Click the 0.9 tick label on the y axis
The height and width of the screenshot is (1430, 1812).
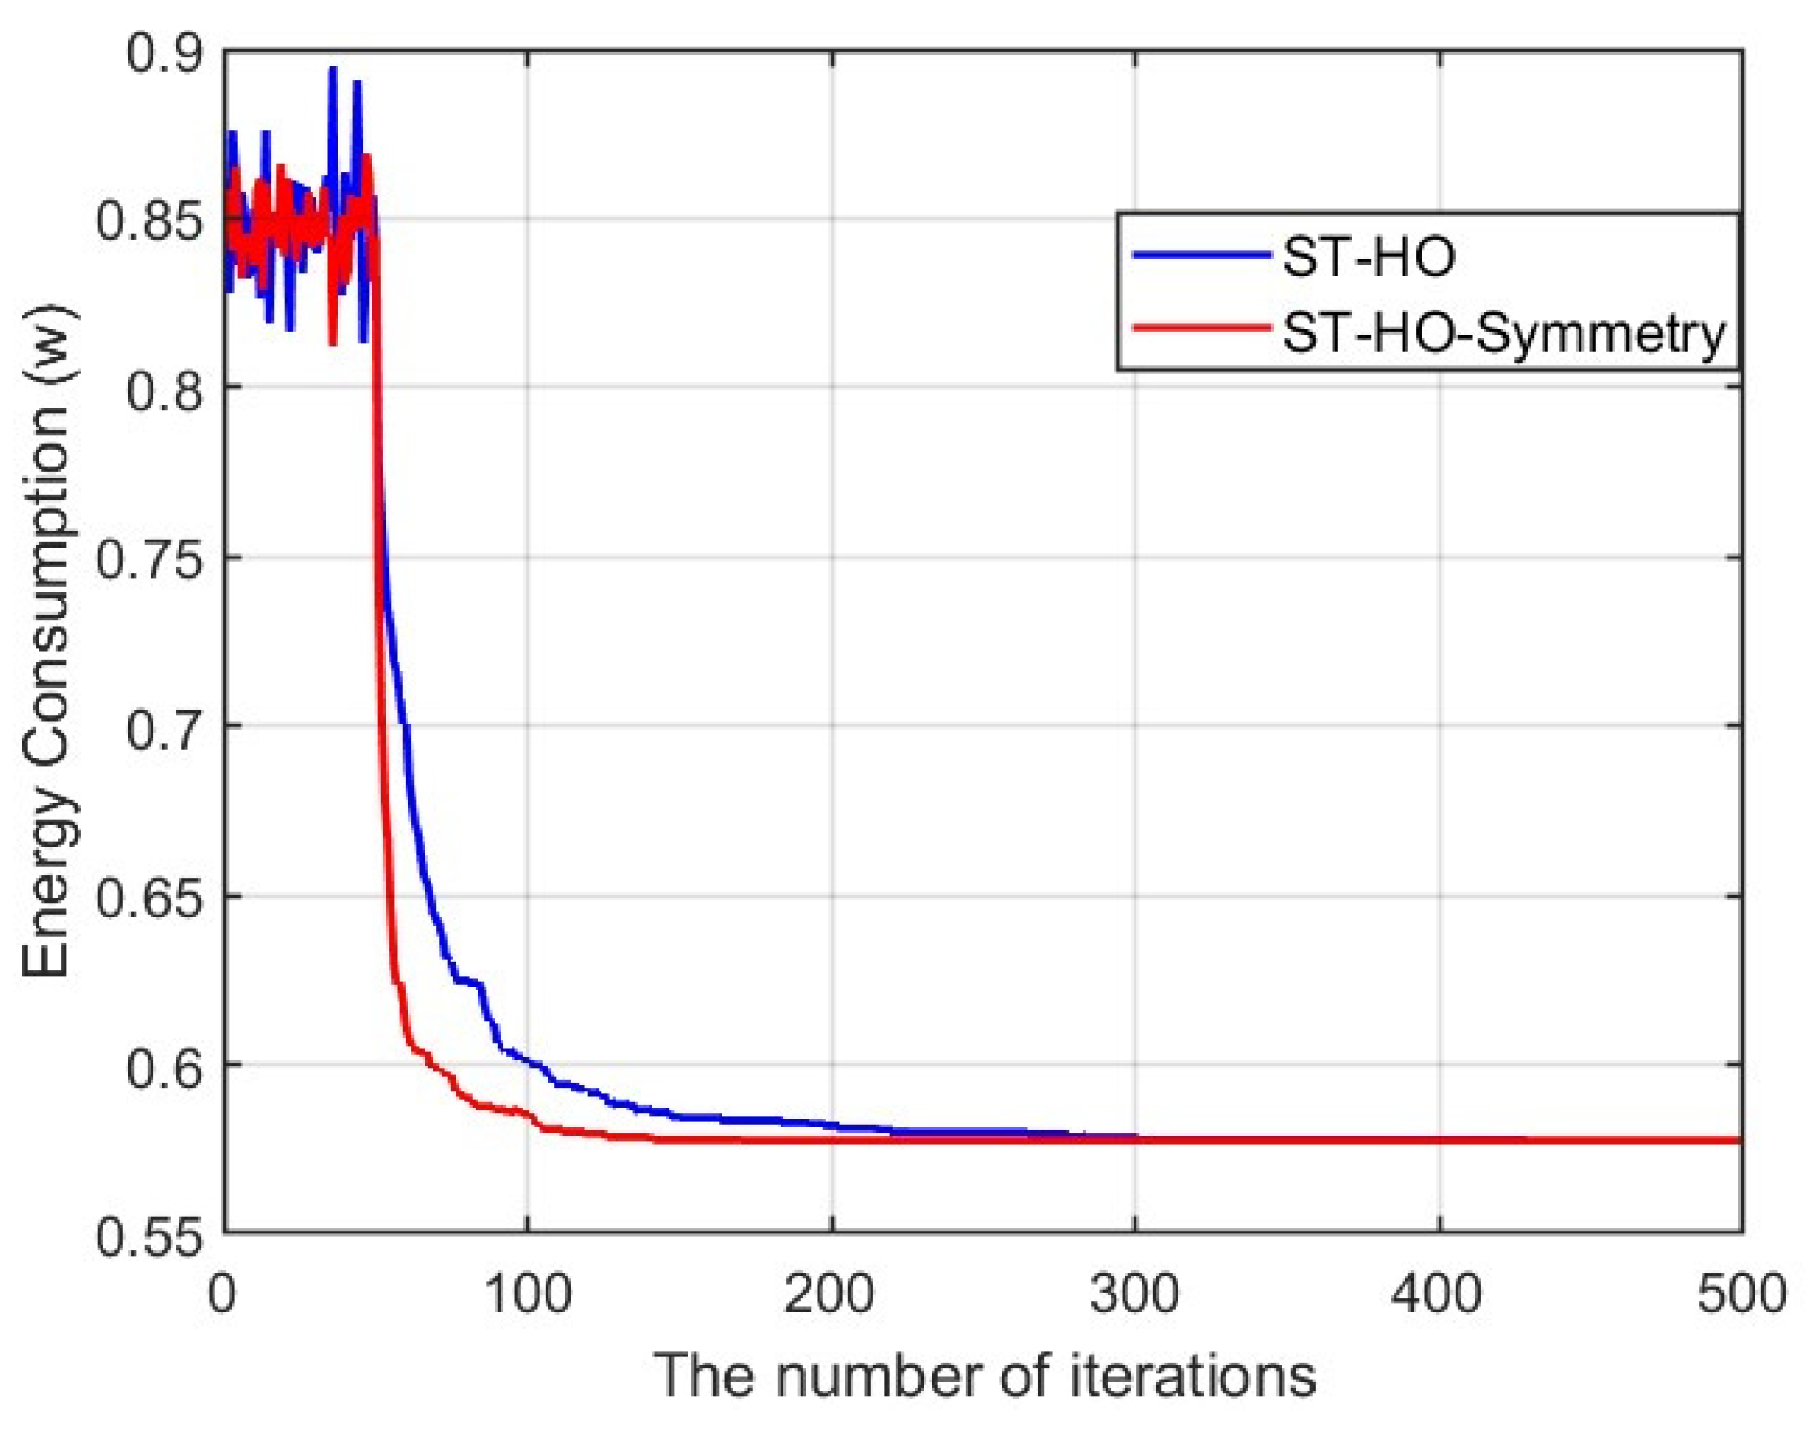click(x=164, y=54)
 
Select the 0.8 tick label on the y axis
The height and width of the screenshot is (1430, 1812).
click(x=164, y=390)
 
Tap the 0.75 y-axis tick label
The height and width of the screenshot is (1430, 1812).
click(x=149, y=560)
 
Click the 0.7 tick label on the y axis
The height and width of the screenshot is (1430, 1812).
click(x=164, y=728)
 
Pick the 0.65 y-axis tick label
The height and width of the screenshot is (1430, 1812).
click(x=149, y=898)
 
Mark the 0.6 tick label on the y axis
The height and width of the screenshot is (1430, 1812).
click(x=164, y=1066)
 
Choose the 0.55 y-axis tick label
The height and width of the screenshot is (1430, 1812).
click(x=149, y=1237)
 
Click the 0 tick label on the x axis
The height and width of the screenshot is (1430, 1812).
click(x=223, y=1294)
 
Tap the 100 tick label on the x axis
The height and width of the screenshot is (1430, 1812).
click(x=528, y=1294)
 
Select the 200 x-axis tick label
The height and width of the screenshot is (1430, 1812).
click(x=831, y=1294)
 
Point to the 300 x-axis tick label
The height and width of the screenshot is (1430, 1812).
click(x=1135, y=1294)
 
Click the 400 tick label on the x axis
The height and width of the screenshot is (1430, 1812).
click(x=1439, y=1294)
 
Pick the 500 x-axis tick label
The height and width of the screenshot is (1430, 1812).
click(x=1741, y=1294)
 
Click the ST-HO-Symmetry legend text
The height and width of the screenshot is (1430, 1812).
click(x=1503, y=334)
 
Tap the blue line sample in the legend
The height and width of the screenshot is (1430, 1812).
click(x=1202, y=256)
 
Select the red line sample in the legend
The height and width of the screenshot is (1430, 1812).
click(x=1202, y=329)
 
